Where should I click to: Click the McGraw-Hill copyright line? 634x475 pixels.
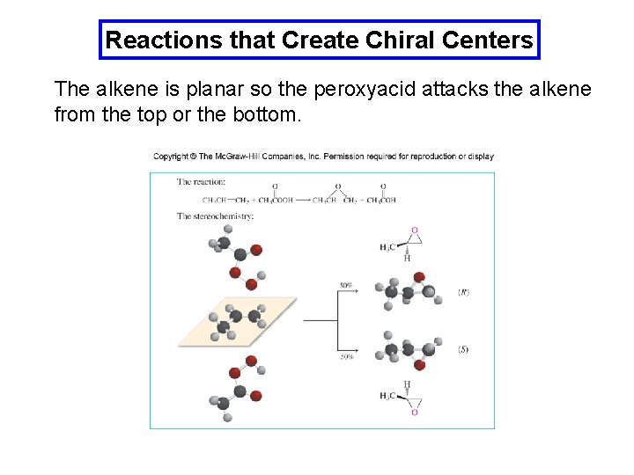[323, 157]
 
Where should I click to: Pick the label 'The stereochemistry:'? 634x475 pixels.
[216, 216]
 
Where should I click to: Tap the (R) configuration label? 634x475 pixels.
[463, 291]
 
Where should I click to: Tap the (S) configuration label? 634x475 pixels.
[463, 349]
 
